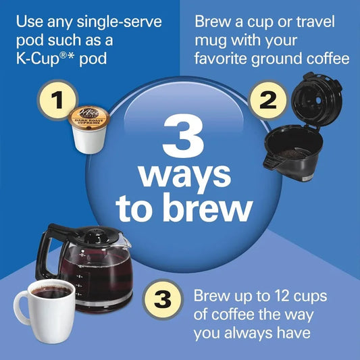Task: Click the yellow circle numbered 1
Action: tap(58, 101)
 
